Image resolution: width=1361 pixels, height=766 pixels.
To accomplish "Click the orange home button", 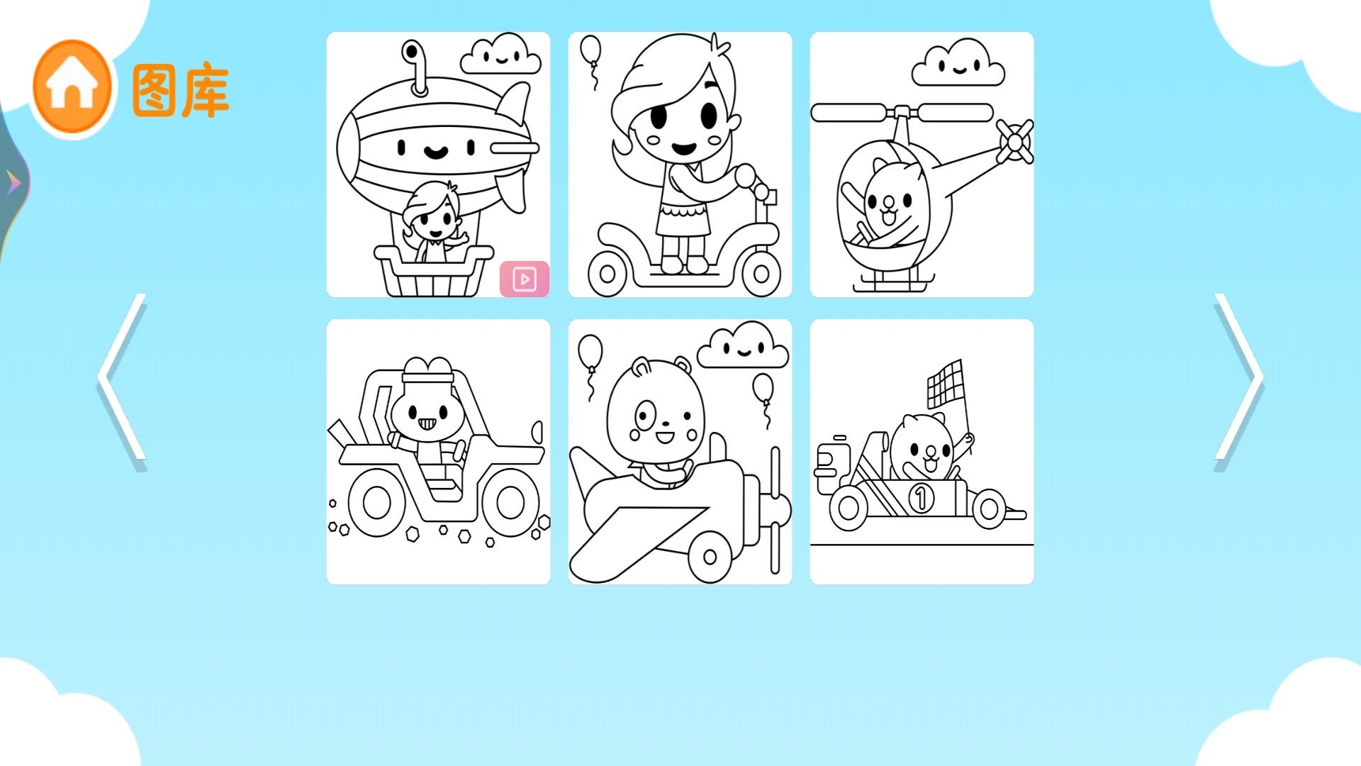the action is click(72, 87).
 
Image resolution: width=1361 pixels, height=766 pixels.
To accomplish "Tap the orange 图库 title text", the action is click(180, 91).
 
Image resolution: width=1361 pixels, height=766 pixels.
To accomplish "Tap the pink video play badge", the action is click(525, 279).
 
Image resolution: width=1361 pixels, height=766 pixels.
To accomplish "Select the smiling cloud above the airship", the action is click(500, 54).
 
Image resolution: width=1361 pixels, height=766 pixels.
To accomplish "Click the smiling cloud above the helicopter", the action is click(958, 63).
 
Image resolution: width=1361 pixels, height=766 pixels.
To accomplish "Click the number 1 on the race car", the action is click(921, 497).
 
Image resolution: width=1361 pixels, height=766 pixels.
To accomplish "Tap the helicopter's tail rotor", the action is click(1015, 141).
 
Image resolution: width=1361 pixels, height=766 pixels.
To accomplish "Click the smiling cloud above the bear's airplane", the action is click(743, 345).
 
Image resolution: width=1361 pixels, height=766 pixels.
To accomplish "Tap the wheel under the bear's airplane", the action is click(710, 557).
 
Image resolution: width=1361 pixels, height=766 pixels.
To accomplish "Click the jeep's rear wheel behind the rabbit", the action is click(377, 503).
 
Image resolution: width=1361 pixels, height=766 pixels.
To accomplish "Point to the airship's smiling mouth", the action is click(435, 151).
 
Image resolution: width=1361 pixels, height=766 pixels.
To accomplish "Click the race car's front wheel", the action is click(987, 508).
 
